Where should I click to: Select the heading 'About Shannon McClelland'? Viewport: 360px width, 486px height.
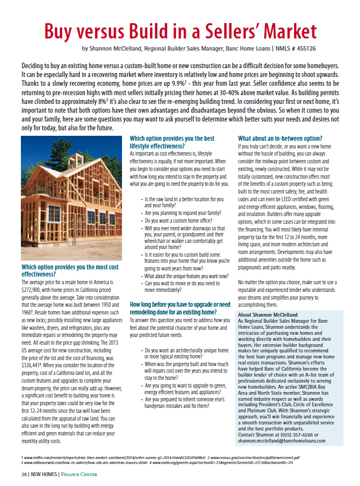tap(269, 315)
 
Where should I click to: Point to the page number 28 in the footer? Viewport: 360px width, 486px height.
tap(18, 473)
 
